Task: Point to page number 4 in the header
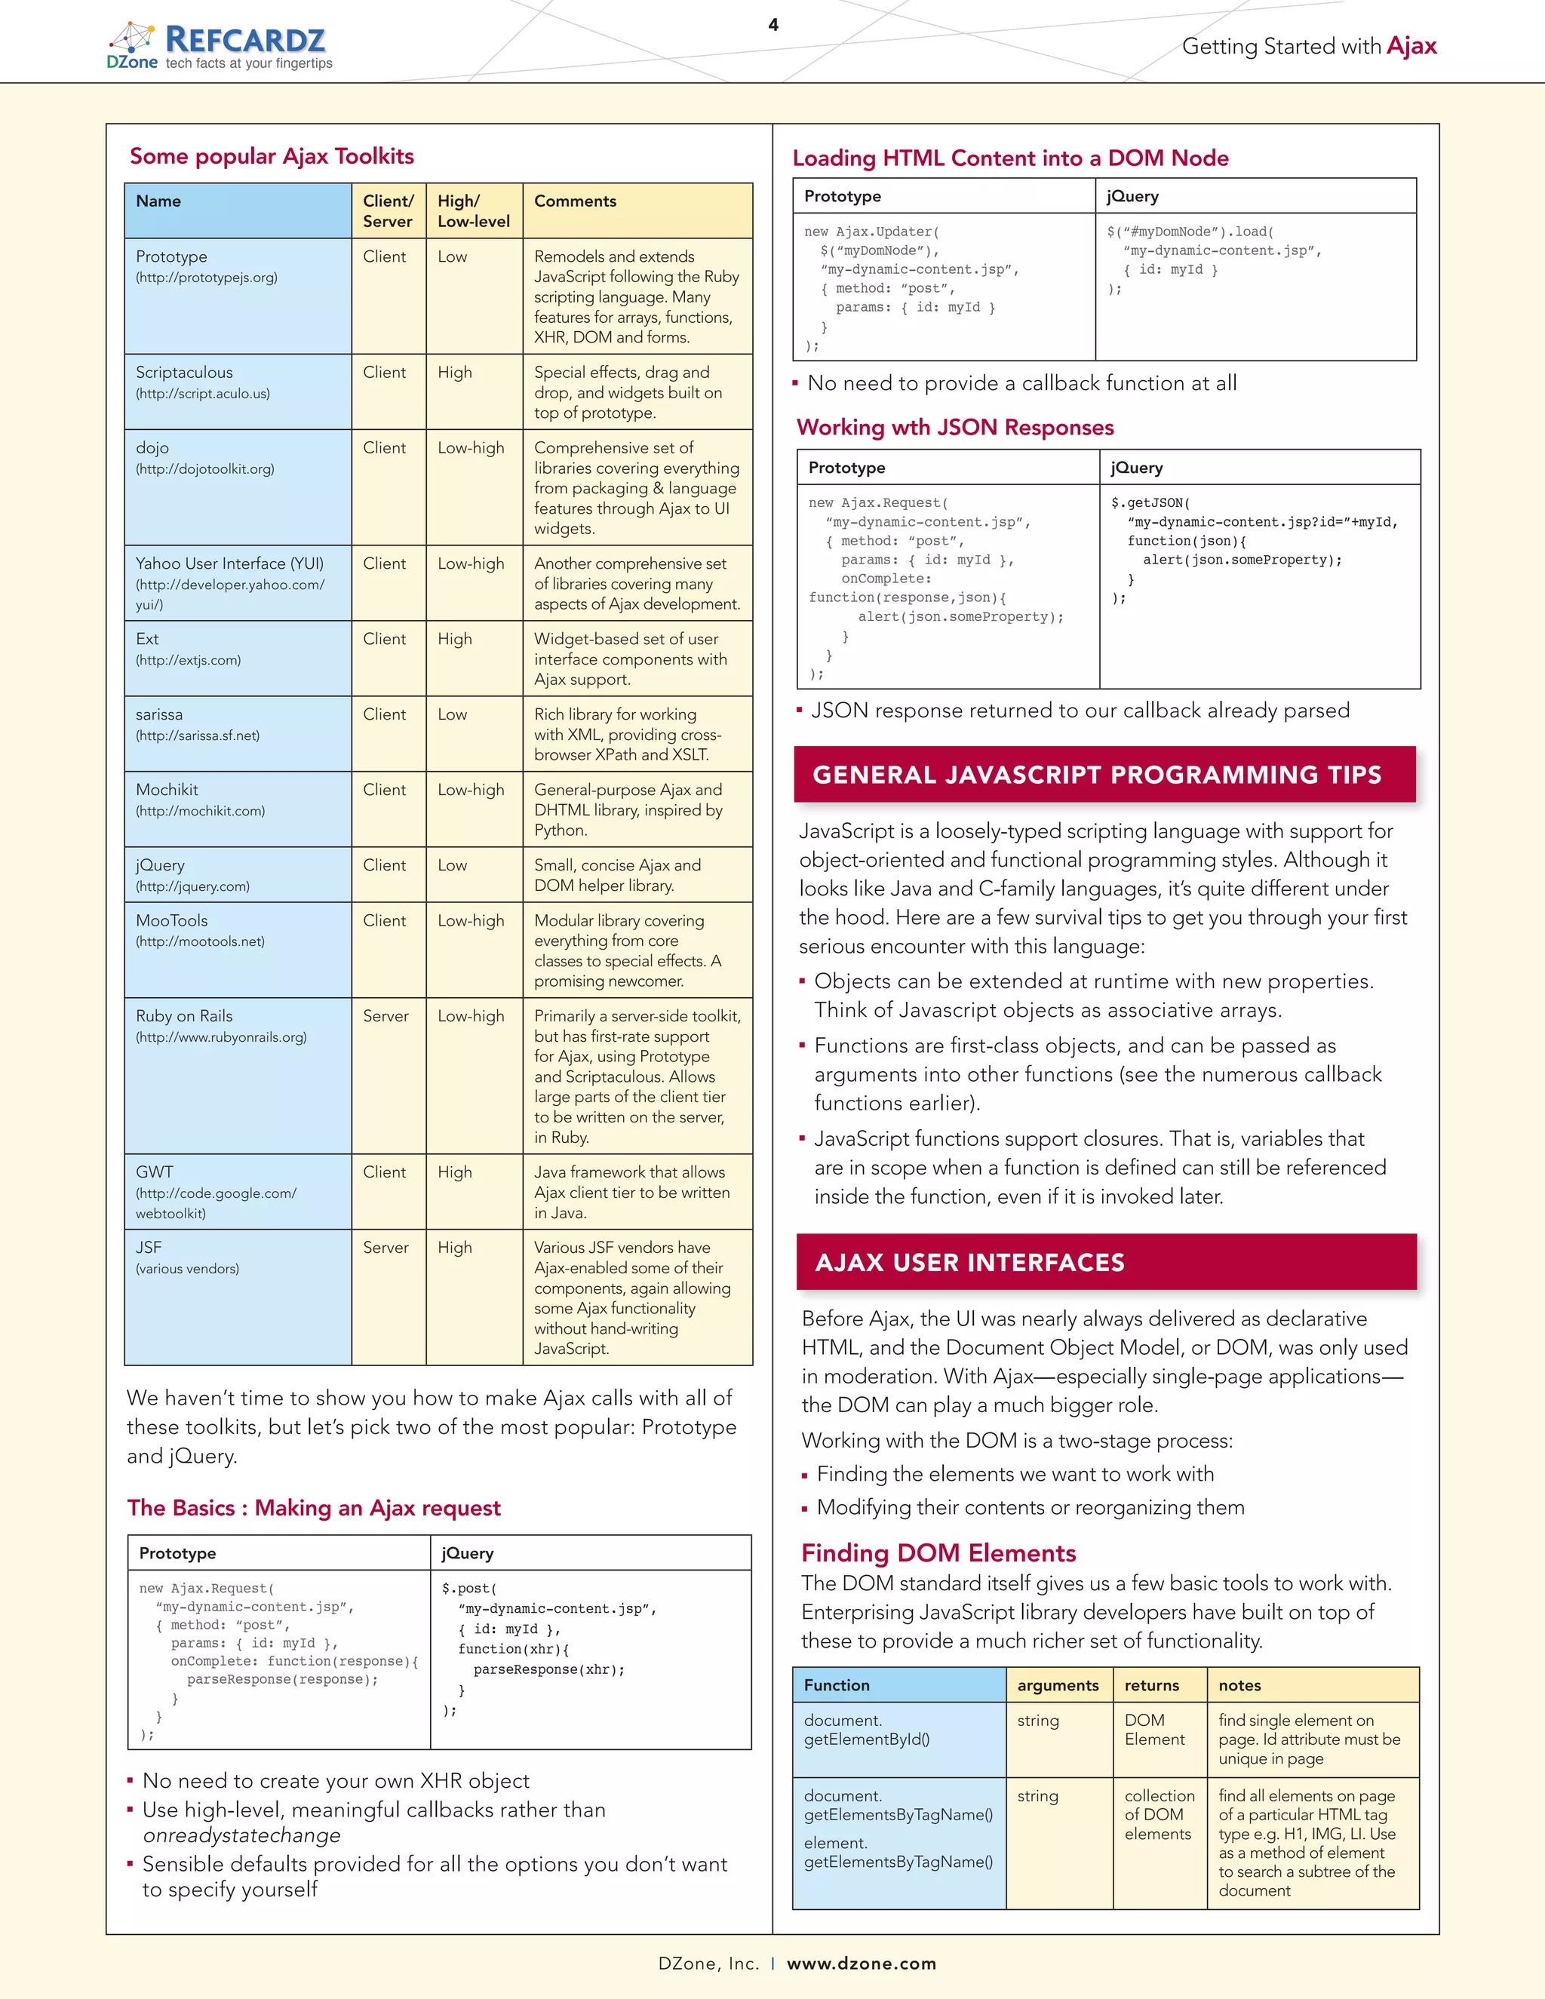click(x=773, y=25)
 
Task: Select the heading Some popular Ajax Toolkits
click(x=272, y=156)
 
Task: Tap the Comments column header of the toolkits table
click(x=575, y=201)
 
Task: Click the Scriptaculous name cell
click(x=184, y=373)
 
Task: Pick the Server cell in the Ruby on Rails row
click(x=385, y=1016)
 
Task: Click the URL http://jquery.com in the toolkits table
click(x=192, y=887)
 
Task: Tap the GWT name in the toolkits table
click(x=154, y=1172)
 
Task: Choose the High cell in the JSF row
click(x=455, y=1248)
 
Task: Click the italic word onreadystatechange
click(x=241, y=1835)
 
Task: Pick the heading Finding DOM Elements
click(x=938, y=1553)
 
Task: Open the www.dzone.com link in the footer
click(x=862, y=1964)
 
